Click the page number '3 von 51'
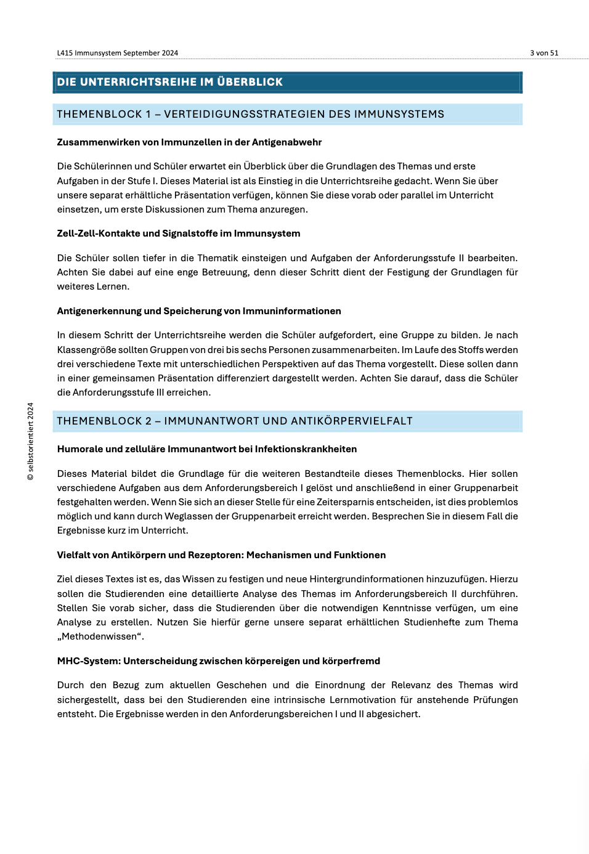coord(544,53)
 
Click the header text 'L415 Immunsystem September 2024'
coord(118,53)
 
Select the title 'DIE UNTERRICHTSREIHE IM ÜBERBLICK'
coord(170,82)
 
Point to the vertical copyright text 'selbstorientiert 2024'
coord(31,441)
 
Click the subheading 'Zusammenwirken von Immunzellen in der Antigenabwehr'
coord(189,142)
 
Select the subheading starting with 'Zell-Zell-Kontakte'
coord(179,234)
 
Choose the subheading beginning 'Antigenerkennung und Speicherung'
coord(199,311)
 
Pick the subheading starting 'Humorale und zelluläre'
coord(207,449)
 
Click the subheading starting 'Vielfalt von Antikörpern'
coord(221,555)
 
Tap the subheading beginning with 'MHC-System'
coord(219,661)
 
